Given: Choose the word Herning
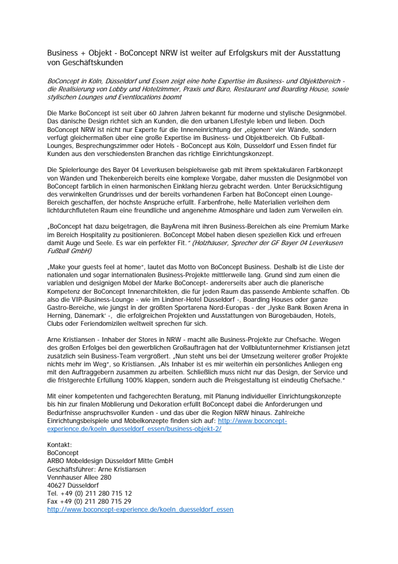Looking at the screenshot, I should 60,316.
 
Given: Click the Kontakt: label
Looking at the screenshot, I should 59,445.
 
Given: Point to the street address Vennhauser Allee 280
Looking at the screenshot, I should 79,477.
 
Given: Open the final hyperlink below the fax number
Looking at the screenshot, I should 140,510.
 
